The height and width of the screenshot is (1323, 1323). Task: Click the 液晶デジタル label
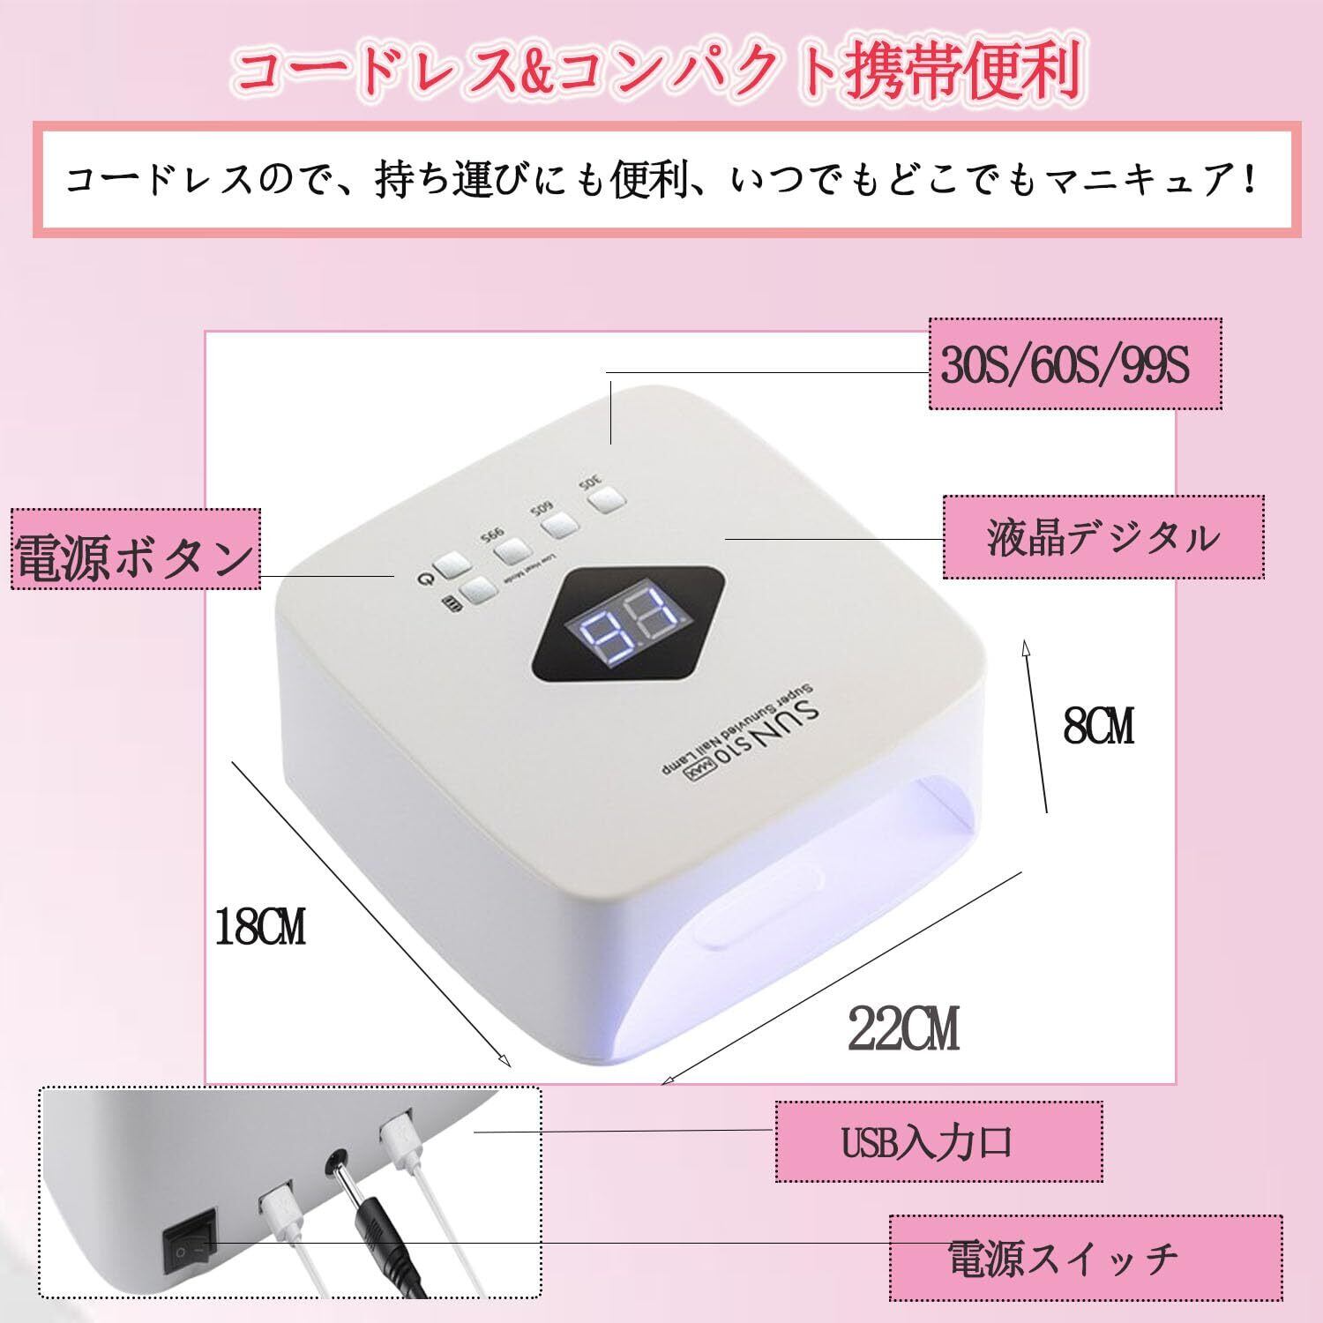pos(1102,537)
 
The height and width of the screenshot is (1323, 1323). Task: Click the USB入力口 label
pos(938,1142)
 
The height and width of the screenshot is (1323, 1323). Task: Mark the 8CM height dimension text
pos(1098,726)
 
